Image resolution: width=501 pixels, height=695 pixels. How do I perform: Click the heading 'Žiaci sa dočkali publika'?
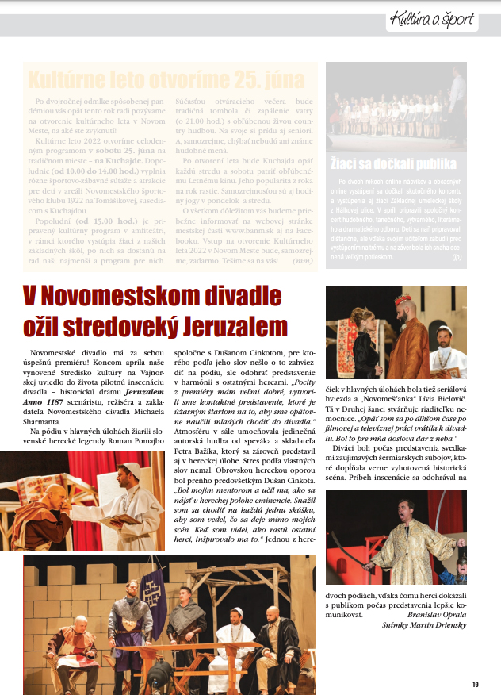click(393, 165)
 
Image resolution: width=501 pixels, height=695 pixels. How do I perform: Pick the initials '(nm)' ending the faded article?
click(302, 260)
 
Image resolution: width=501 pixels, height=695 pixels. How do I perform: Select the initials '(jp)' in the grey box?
click(457, 258)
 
